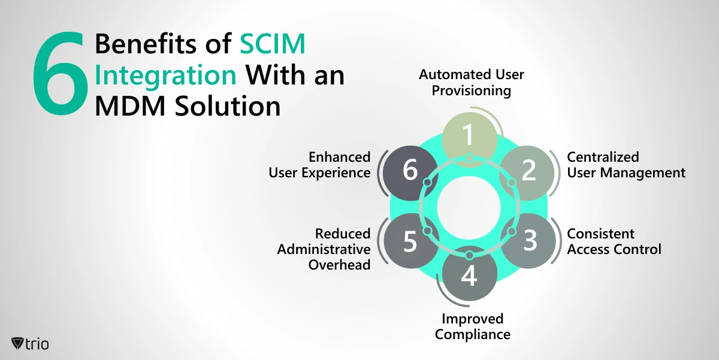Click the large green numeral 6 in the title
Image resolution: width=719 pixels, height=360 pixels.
point(60,73)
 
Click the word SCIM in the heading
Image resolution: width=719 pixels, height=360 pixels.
point(273,44)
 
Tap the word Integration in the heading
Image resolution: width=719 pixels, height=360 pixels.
point(165,75)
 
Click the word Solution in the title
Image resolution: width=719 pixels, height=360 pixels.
point(228,106)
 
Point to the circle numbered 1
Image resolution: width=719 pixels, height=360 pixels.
point(470,140)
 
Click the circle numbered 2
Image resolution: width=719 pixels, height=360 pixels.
point(527,173)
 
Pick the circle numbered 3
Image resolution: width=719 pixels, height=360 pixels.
point(528,241)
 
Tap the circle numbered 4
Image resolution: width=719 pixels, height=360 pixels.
point(470,274)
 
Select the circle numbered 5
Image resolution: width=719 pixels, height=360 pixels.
point(411,241)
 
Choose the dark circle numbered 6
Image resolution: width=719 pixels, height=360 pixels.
point(410,173)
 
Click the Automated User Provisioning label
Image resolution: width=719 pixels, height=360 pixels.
point(471,83)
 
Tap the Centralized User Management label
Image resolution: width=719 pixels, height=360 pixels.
point(626,165)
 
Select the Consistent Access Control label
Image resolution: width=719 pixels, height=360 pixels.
point(614,241)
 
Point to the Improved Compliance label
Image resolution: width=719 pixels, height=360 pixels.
point(473,326)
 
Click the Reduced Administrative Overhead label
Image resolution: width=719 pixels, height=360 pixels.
point(324,249)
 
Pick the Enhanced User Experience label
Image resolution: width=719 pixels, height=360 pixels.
point(319,165)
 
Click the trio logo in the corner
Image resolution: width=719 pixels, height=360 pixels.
point(30,344)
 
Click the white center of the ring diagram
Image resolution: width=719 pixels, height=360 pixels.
point(469,208)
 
